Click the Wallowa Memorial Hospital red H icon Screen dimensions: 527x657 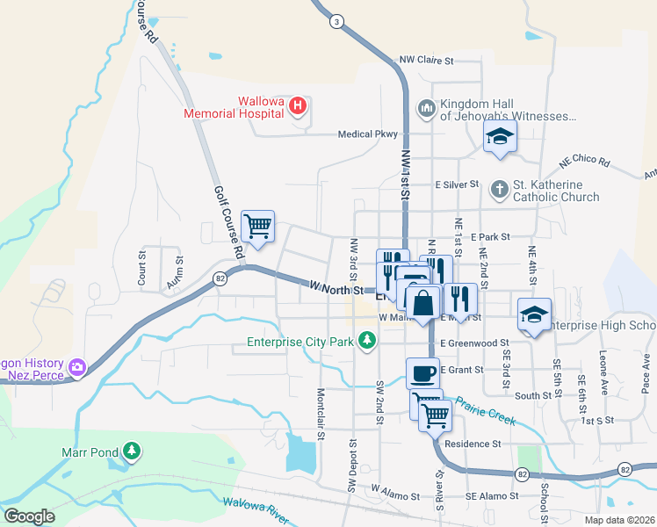click(298, 107)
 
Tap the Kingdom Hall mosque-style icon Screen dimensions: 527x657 click(427, 108)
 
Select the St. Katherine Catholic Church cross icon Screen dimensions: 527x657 click(499, 189)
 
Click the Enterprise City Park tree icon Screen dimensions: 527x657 click(368, 341)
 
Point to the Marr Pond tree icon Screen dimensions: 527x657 click(132, 451)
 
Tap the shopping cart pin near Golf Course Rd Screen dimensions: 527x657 click(257, 227)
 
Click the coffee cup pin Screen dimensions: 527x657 click(422, 373)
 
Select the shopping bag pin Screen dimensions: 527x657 click(423, 303)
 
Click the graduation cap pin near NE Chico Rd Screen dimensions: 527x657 click(500, 136)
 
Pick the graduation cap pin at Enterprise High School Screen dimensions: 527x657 click(534, 315)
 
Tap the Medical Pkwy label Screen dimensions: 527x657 click(368, 134)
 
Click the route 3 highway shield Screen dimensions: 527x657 click(336, 20)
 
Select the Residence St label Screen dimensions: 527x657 click(472, 444)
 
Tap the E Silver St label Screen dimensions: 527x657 click(457, 185)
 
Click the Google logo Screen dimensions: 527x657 click(30, 516)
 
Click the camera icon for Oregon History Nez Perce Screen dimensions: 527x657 click(77, 365)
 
